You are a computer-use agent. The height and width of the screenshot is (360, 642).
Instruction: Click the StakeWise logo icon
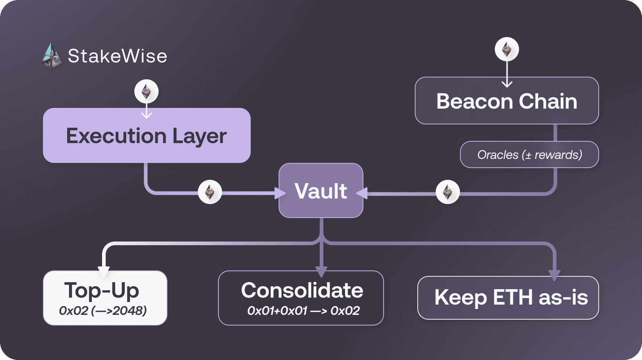(51, 56)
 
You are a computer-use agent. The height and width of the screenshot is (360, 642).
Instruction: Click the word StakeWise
(117, 56)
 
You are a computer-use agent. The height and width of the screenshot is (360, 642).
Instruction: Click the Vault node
(321, 191)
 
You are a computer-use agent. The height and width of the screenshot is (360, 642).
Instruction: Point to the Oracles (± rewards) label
(529, 155)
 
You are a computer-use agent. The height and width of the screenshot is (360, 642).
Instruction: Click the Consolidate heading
(302, 290)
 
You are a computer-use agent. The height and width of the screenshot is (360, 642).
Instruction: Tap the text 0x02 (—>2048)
(103, 311)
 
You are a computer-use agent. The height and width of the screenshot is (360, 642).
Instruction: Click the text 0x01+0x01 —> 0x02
(303, 311)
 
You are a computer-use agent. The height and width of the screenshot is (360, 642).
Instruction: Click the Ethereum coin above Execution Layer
(146, 91)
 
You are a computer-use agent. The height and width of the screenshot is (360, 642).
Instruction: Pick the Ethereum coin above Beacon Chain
(507, 49)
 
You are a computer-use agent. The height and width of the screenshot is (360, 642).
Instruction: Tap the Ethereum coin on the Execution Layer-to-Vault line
(210, 192)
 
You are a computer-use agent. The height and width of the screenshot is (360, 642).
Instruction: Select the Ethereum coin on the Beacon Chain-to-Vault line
(447, 192)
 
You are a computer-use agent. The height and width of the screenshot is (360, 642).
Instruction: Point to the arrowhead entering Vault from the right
(362, 193)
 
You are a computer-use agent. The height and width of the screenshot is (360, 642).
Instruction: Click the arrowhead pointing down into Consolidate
(321, 272)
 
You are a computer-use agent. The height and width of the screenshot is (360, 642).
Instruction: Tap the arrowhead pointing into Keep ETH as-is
(554, 275)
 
